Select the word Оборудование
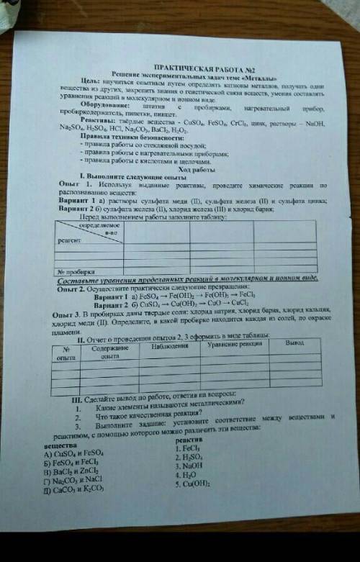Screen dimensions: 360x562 point(104,108)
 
